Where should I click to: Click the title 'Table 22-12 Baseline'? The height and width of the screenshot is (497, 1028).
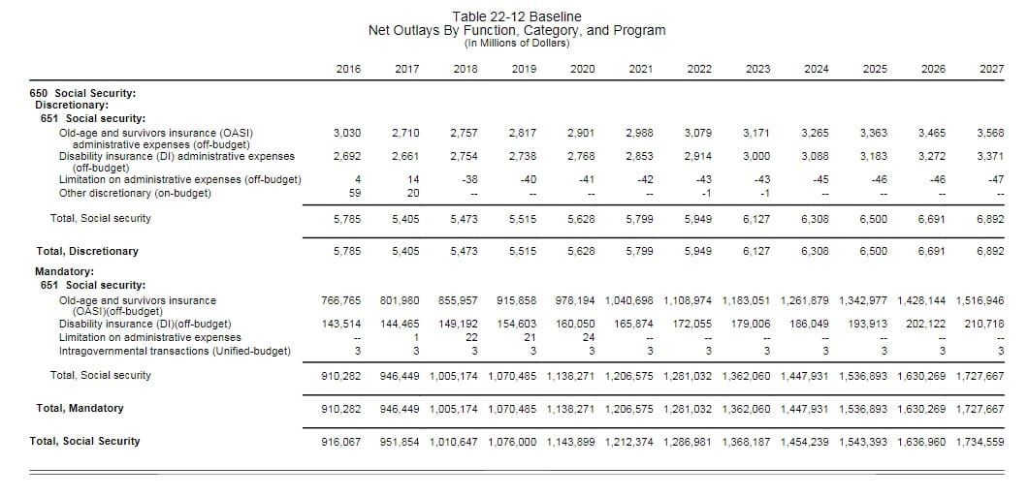coord(517,16)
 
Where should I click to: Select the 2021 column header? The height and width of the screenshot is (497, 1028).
coord(639,68)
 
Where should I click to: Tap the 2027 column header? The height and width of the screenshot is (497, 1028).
coord(991,68)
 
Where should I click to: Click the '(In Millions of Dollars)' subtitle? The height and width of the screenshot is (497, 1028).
coord(517,43)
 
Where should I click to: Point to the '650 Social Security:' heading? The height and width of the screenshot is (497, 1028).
coord(82,93)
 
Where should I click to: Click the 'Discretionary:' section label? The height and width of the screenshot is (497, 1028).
coord(72,105)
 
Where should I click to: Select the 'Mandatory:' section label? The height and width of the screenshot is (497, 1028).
coord(65,273)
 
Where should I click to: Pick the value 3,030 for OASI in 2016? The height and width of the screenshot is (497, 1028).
coord(347,132)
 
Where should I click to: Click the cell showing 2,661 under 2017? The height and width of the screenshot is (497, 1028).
coord(405,156)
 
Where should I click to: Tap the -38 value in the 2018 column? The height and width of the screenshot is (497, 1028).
coord(468,179)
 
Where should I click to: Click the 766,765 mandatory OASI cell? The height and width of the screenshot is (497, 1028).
coord(340,300)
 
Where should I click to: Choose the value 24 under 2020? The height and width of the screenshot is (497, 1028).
coord(588,337)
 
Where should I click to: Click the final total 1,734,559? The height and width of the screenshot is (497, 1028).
coord(980,441)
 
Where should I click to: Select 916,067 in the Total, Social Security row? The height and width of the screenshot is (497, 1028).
coord(340,441)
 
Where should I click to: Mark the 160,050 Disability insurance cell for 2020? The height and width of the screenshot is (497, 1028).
coord(575,324)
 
